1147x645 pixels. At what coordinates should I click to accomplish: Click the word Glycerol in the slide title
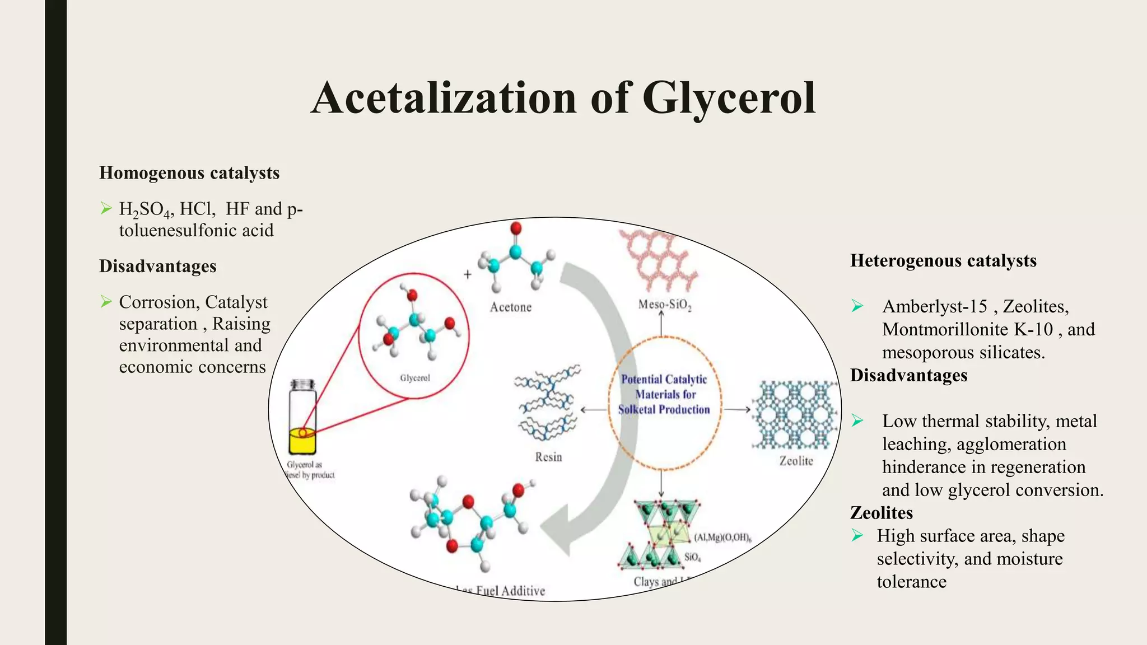coord(728,99)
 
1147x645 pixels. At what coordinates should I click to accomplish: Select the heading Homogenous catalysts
coord(189,173)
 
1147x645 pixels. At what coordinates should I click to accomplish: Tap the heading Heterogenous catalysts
coord(943,261)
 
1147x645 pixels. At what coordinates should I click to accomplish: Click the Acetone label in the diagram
coord(510,307)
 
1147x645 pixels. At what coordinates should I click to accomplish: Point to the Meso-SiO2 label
coord(665,305)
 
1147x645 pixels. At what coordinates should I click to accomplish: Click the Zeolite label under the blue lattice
coord(796,461)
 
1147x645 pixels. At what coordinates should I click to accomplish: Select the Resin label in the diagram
coord(548,457)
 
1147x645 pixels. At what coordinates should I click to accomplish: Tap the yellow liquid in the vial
coord(302,441)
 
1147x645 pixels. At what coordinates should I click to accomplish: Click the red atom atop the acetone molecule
coord(516,228)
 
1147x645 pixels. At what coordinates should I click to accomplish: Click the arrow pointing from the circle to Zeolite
coord(736,409)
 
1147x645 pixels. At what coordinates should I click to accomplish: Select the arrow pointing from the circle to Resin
coord(594,409)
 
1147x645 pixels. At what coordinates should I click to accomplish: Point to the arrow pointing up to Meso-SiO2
coord(661,324)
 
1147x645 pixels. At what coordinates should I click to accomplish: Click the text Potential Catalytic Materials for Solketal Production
coord(664,394)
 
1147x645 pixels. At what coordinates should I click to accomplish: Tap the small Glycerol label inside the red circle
coord(414,378)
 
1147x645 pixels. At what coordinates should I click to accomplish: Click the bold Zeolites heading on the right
coord(881,513)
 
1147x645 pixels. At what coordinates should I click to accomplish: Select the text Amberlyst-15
coord(934,306)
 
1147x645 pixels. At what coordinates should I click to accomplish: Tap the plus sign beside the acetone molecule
coord(468,274)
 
